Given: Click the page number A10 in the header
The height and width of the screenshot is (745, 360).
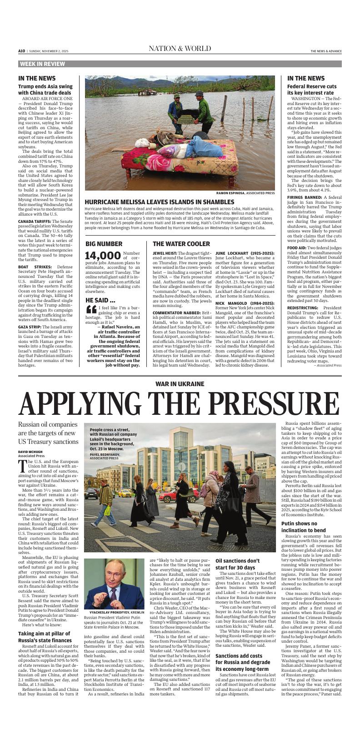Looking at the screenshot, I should [21, 51].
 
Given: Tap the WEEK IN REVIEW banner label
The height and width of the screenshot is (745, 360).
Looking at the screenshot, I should [42, 64].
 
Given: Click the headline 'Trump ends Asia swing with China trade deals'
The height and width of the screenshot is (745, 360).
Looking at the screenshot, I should [45, 90].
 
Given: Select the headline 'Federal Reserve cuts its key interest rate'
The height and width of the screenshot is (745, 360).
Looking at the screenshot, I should [312, 90].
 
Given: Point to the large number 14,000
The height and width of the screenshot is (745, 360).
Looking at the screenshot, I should [103, 256].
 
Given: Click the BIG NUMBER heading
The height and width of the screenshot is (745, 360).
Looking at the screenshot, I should [104, 244].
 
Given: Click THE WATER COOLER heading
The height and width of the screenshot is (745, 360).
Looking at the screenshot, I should [181, 244].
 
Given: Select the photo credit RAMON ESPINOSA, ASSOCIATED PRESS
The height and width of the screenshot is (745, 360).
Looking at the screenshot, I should [245, 193].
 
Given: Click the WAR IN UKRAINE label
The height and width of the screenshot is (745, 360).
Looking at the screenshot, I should [180, 384].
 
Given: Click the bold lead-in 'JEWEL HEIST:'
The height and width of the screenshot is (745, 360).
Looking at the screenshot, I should [165, 253].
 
